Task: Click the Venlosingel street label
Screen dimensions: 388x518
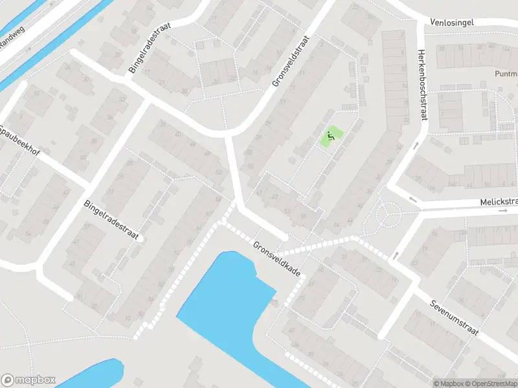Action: tap(452, 23)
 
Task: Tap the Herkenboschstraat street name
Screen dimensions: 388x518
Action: tap(423, 85)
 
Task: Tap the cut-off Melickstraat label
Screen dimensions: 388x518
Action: tap(499, 202)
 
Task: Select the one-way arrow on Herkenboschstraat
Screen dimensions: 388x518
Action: tap(416, 145)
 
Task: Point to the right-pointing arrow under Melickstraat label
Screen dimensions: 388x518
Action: tap(502, 211)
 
